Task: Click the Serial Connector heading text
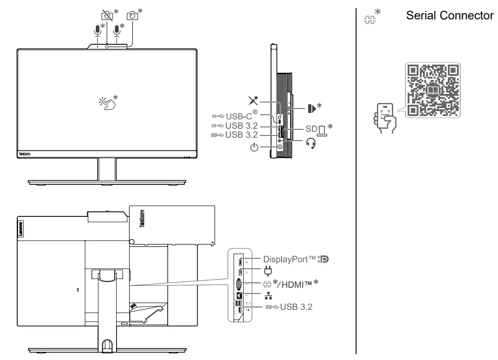(x=449, y=15)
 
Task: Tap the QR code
(x=433, y=90)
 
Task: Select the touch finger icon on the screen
(x=107, y=103)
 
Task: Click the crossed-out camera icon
(x=107, y=15)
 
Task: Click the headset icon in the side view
(x=310, y=144)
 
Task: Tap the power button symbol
(x=254, y=147)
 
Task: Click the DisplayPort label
(x=289, y=259)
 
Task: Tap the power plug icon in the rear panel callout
(x=268, y=271)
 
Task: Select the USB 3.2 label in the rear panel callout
(x=296, y=307)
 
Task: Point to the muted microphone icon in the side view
(x=253, y=100)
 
